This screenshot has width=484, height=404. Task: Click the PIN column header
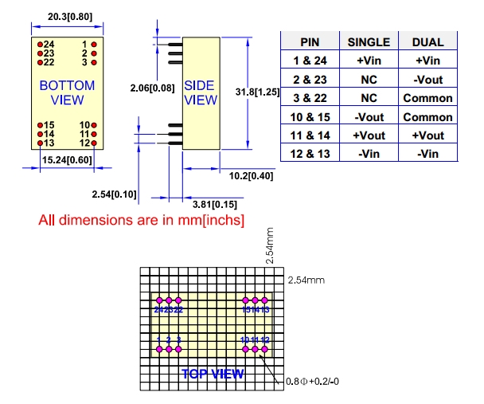point(310,42)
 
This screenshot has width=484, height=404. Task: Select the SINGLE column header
point(369,42)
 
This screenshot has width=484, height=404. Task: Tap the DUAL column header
point(427,42)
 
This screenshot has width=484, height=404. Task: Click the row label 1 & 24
point(310,61)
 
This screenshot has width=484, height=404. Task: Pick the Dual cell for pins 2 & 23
point(427,80)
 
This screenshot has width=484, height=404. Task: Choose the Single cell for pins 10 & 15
point(369,116)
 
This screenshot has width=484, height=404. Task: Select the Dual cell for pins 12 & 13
point(427,153)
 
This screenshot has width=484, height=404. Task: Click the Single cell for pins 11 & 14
point(369,135)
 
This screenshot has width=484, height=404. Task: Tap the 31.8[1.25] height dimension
point(258,92)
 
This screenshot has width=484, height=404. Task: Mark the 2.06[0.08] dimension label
point(153,86)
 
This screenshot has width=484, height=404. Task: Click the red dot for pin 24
point(38,44)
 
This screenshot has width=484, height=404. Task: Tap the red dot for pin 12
point(95,143)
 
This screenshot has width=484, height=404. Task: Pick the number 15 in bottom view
point(49,125)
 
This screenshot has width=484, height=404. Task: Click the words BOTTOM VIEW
point(67,92)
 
